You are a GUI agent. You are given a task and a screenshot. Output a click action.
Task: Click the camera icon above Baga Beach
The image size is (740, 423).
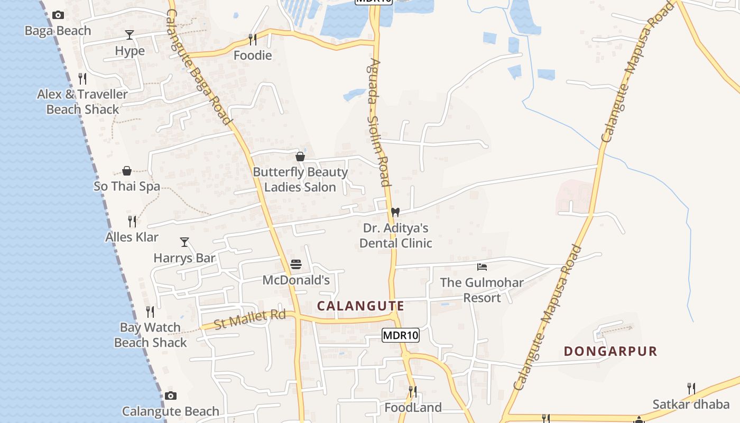(x=58, y=15)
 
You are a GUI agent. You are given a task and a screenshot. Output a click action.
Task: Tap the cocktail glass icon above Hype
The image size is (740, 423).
(x=129, y=35)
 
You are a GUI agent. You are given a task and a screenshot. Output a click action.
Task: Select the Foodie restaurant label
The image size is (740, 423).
(x=253, y=56)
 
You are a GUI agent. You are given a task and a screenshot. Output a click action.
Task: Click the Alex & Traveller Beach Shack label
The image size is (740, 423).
(x=82, y=102)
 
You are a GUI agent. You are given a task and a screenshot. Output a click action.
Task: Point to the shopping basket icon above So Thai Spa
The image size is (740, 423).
(x=127, y=171)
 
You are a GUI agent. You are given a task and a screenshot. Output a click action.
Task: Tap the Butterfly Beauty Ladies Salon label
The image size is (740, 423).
(x=300, y=180)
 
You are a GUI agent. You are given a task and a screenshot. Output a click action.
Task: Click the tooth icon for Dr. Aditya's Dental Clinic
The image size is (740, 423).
(x=395, y=212)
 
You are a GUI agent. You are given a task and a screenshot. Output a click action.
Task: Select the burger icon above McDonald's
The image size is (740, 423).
(x=296, y=264)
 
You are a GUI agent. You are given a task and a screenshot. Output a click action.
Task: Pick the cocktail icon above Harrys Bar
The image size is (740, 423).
(x=184, y=242)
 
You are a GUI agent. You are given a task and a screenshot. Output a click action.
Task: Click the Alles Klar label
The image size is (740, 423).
(x=132, y=237)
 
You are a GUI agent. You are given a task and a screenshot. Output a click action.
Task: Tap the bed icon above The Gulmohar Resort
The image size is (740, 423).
(x=482, y=266)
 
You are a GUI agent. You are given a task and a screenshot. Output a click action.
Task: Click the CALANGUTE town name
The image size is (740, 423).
(x=360, y=306)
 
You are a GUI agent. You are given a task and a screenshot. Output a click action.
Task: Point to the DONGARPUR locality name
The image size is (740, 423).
(x=610, y=351)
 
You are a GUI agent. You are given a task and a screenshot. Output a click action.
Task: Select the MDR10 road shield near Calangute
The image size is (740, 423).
(x=401, y=335)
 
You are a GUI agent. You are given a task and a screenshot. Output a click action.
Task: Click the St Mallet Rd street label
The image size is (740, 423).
(x=249, y=319)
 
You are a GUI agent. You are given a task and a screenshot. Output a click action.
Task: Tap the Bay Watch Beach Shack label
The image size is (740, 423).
(x=151, y=335)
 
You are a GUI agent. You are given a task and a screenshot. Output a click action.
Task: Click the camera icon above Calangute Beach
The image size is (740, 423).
(x=170, y=396)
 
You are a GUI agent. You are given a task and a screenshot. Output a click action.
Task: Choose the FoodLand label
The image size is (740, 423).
(x=413, y=408)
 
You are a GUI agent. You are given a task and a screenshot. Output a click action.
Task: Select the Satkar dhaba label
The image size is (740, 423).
(x=691, y=404)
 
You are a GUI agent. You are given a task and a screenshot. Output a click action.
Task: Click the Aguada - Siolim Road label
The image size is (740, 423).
(x=378, y=122)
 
